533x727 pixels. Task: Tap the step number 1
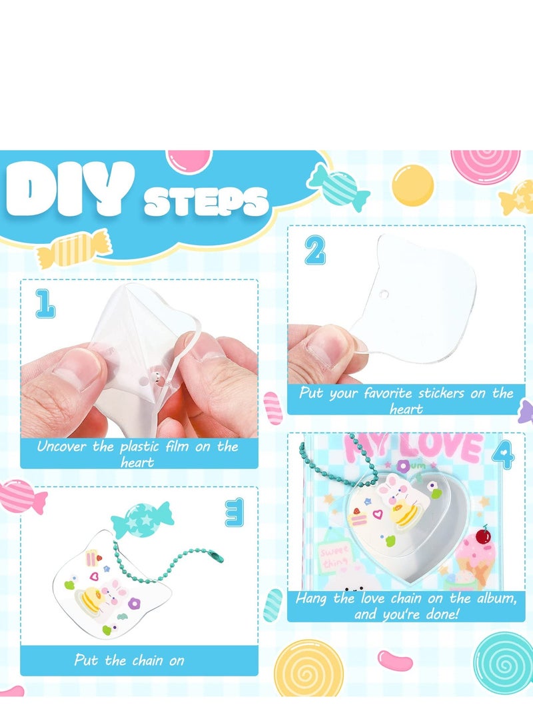pos(45,305)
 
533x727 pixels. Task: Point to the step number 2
pos(315,251)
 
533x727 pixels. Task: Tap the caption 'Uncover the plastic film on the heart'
pos(137,453)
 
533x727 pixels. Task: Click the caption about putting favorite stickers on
pos(406,400)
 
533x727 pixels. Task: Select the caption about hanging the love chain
pos(406,606)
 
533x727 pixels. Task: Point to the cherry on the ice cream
pos(484,535)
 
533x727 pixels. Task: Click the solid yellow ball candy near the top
pos(412,185)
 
